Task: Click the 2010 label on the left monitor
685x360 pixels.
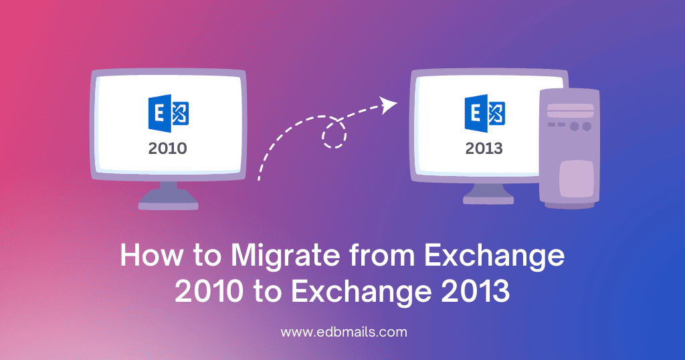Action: tap(167, 149)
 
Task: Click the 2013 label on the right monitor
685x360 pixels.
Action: tap(484, 149)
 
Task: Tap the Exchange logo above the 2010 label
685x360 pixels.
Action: tap(168, 113)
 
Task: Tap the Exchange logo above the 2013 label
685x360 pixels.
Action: tap(484, 113)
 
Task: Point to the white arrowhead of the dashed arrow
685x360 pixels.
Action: tap(387, 105)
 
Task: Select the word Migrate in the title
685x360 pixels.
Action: tap(285, 256)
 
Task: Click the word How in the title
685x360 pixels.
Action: tap(151, 255)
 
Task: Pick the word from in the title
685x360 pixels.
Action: tap(382, 255)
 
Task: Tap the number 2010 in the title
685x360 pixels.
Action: tap(209, 291)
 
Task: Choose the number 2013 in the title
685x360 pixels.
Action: tap(476, 291)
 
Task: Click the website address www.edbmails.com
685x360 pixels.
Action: tap(344, 332)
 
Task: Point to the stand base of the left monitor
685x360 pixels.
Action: tap(169, 205)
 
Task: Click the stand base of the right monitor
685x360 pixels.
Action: tap(488, 199)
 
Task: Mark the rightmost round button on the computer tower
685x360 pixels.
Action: tap(587, 126)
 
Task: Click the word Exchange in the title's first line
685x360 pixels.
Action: tap(494, 256)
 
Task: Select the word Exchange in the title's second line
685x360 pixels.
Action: tap(361, 292)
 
